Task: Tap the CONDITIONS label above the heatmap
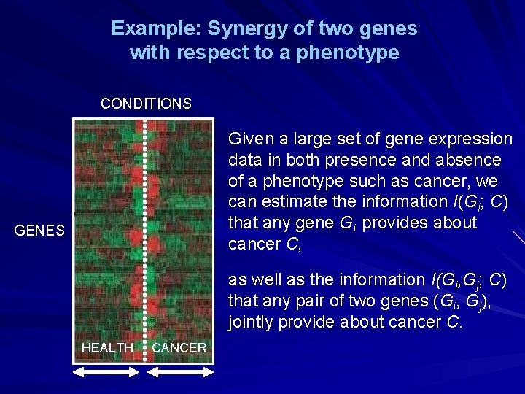[146, 104]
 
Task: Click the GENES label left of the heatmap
[40, 231]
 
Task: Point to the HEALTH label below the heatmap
[107, 348]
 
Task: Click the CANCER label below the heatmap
[179, 348]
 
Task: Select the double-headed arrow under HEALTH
[107, 372]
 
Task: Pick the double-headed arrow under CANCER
[180, 372]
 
